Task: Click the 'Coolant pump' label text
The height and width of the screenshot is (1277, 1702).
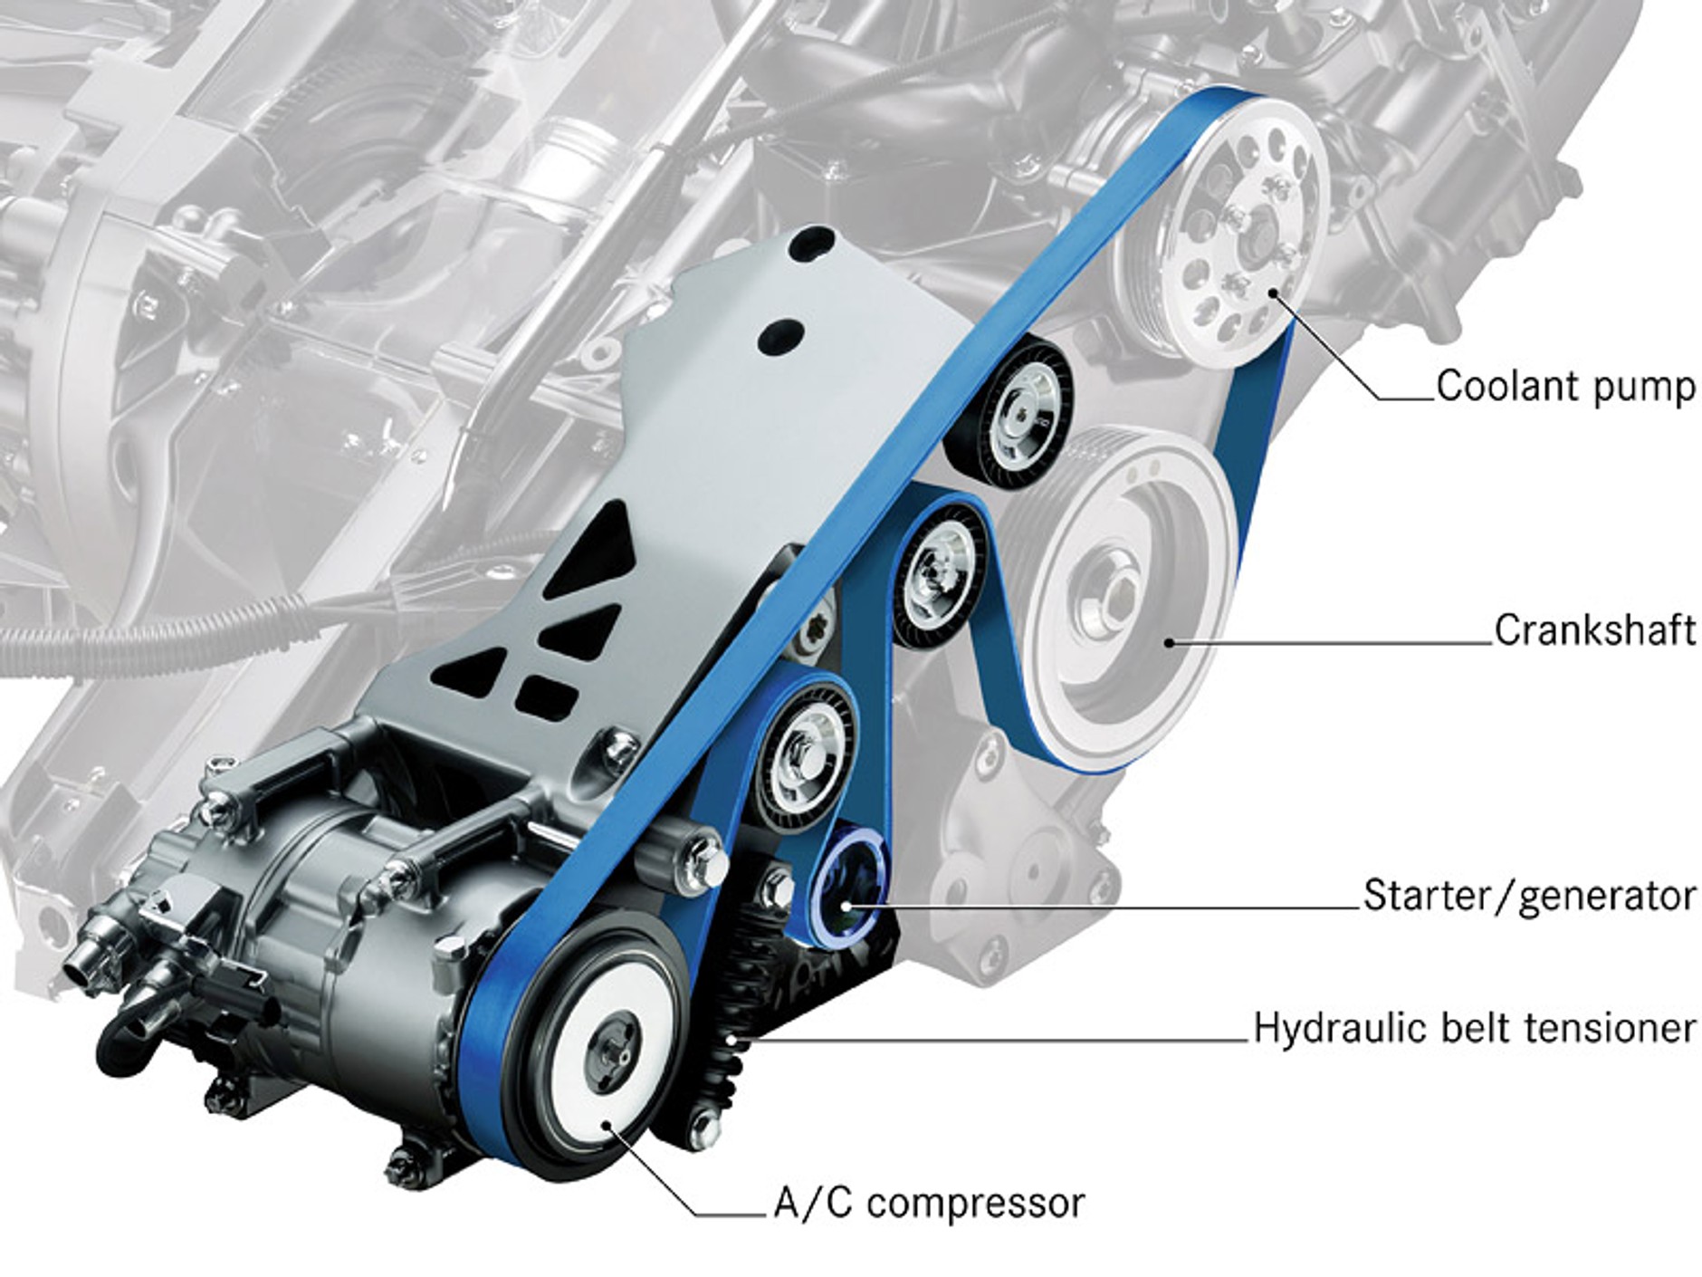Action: click(1565, 386)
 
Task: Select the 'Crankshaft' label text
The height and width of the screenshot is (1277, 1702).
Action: click(1594, 630)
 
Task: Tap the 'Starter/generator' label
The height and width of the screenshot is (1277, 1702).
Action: click(1529, 895)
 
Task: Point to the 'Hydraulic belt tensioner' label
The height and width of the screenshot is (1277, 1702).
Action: click(1474, 1028)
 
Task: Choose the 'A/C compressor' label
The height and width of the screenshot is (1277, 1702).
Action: click(928, 1204)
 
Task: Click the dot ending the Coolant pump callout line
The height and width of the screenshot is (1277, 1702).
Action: click(1275, 292)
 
